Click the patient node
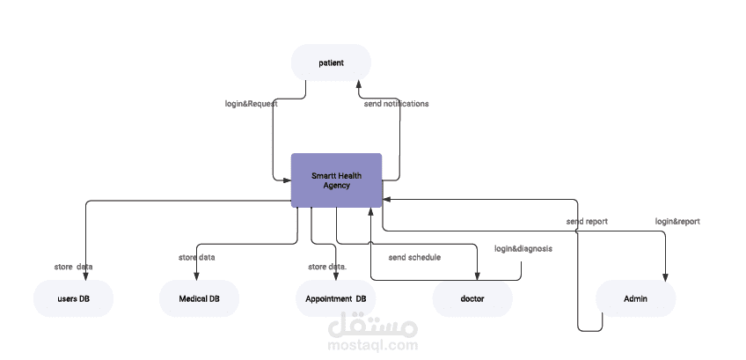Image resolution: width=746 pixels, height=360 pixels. (331, 62)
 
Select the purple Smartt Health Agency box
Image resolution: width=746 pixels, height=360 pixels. (336, 180)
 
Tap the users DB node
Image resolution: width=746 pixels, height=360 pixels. (73, 299)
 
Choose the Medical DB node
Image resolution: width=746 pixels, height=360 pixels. (199, 299)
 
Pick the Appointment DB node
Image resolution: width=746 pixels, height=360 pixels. (335, 299)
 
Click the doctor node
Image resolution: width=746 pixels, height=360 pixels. (472, 299)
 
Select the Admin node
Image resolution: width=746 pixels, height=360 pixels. (635, 299)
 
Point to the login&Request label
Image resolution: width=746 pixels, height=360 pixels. (252, 104)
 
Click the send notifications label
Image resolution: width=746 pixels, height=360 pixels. (396, 104)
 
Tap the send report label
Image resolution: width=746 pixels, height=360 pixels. (586, 222)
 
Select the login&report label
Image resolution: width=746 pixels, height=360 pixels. (677, 222)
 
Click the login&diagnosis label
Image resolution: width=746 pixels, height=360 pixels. (523, 249)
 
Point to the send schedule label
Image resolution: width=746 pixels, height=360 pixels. (414, 258)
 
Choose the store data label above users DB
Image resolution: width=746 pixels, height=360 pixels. (73, 267)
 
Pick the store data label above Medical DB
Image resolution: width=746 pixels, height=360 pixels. (197, 258)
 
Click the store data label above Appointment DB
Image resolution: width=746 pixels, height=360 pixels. (327, 267)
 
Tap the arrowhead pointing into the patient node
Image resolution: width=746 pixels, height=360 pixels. (358, 85)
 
